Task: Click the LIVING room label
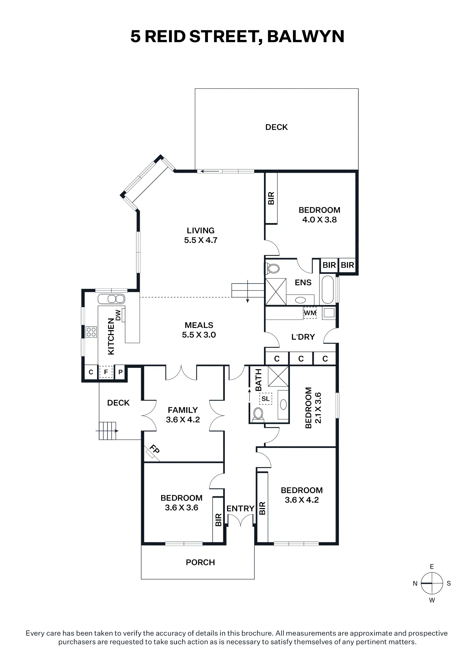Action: pos(201,230)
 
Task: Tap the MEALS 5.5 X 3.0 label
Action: pos(199,330)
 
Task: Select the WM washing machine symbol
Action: pos(310,313)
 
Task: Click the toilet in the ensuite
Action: pos(273,268)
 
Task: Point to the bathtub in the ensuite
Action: pos(328,290)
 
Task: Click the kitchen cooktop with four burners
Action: pos(91,332)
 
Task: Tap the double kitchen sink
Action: pos(112,299)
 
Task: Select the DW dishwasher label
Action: pos(118,315)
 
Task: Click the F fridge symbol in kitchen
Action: pos(106,372)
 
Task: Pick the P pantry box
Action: pos(120,372)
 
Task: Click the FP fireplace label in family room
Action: pos(154,450)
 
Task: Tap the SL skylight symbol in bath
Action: pos(265,399)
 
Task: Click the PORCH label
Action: pos(200,562)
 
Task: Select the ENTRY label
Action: pos(240,508)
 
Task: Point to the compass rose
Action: pos(432,583)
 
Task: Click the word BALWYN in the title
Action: pos(306,36)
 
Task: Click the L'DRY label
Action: pos(303,337)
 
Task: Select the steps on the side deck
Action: pos(107,431)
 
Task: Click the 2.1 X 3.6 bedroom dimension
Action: pos(318,408)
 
